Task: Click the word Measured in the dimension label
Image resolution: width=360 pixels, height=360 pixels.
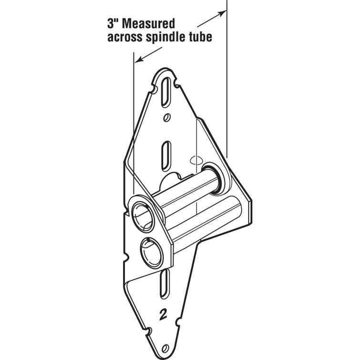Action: pos(148,24)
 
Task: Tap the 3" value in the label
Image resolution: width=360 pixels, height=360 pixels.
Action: pos(113,23)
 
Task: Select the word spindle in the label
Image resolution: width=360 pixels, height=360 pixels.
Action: pos(169,37)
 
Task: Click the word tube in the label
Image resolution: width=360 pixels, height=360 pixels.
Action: pos(203,37)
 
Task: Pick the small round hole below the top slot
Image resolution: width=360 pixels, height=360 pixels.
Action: pos(167,118)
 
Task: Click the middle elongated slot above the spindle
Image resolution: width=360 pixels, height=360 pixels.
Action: pos(166,156)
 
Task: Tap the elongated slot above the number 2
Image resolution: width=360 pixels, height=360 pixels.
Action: pos(165,283)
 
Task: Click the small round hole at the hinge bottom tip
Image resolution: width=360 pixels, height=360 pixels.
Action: pos(165,349)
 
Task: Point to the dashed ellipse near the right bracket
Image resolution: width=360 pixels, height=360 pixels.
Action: pos(195,160)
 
